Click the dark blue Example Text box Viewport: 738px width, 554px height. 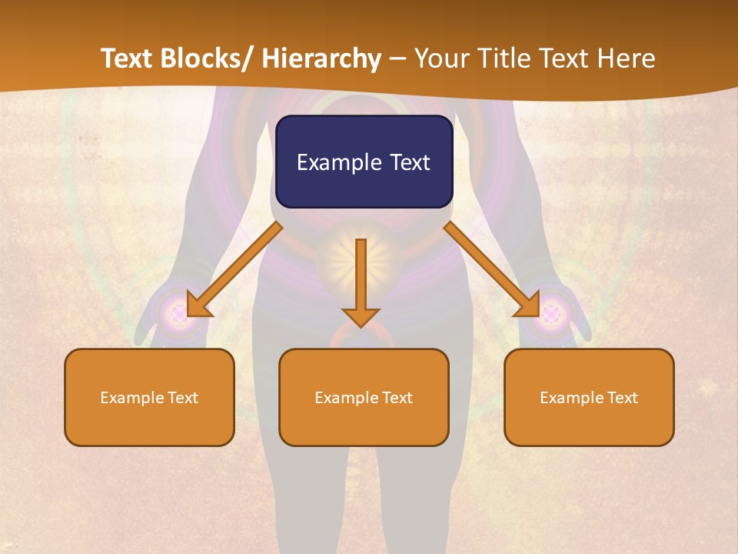pos(364,162)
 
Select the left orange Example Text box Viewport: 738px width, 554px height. pos(149,397)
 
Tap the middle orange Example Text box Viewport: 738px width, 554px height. pos(364,397)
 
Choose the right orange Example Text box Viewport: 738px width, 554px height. pos(589,397)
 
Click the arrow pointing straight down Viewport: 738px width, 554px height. pos(361,281)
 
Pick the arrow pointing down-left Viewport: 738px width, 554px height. pos(234,269)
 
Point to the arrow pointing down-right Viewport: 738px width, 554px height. pos(492,269)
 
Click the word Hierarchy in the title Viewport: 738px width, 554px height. pos(321,58)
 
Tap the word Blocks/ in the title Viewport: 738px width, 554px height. pos(211,58)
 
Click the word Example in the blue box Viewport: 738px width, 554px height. pos(339,162)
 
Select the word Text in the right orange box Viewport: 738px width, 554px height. pos(622,397)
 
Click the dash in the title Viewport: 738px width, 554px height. pos(397,58)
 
